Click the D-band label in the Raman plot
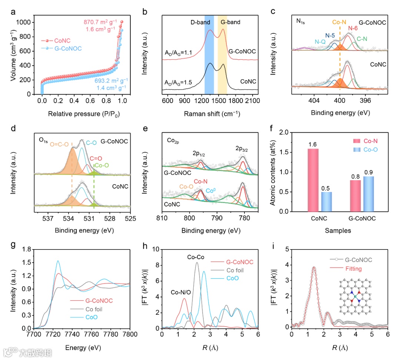pyautogui.click(x=200, y=22)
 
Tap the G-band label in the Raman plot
pyautogui.click(x=230, y=22)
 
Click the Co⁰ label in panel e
pyautogui.click(x=211, y=191)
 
